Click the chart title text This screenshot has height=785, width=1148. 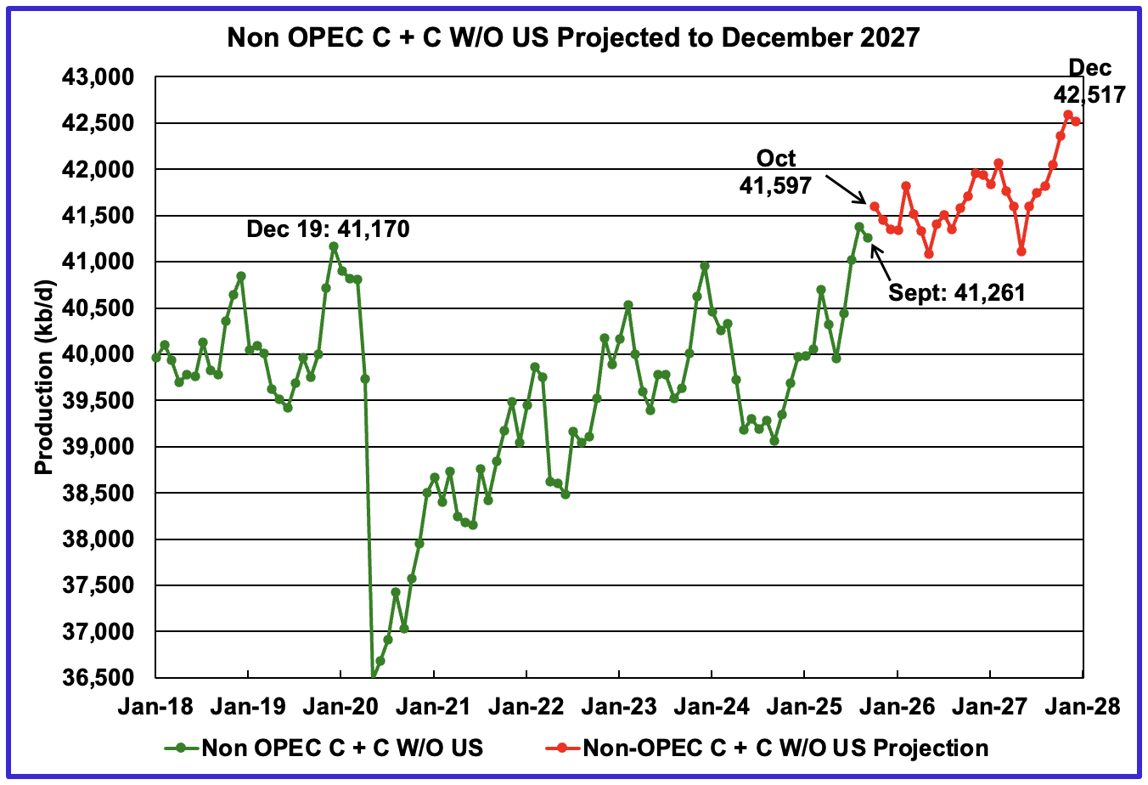[573, 37]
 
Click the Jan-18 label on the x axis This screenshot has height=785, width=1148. [155, 706]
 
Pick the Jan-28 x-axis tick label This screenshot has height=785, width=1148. [1083, 706]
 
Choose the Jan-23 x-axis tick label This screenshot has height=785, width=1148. [619, 706]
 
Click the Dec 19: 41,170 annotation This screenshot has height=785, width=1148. [328, 229]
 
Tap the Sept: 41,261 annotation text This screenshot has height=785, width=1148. [957, 293]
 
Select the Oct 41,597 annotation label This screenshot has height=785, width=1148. [776, 172]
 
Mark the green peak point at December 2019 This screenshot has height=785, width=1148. [334, 246]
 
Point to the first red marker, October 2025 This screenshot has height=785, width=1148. [875, 206]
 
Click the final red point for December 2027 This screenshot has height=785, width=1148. [1076, 121]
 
